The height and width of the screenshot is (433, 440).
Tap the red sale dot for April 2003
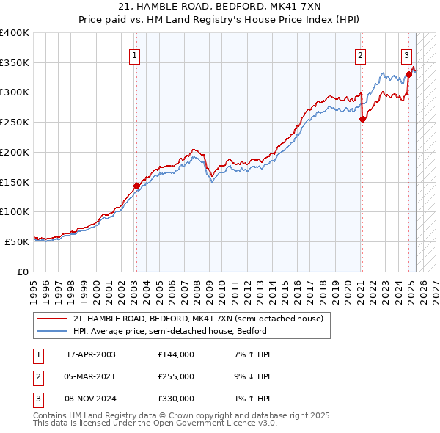[x=136, y=186]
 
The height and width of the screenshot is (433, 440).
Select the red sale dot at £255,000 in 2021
[x=362, y=120]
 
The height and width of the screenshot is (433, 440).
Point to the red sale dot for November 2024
[x=408, y=75]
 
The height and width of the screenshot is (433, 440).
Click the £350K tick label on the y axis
[x=14, y=63]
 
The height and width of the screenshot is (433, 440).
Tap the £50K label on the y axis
[x=17, y=241]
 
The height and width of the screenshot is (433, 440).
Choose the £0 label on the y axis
[x=23, y=272]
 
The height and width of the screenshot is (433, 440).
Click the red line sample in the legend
[x=51, y=319]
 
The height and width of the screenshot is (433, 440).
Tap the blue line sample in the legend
[x=51, y=331]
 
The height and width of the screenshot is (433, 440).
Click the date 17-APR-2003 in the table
[x=91, y=354]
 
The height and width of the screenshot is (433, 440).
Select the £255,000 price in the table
[x=176, y=376]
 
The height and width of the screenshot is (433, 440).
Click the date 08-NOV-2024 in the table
[x=91, y=399]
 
